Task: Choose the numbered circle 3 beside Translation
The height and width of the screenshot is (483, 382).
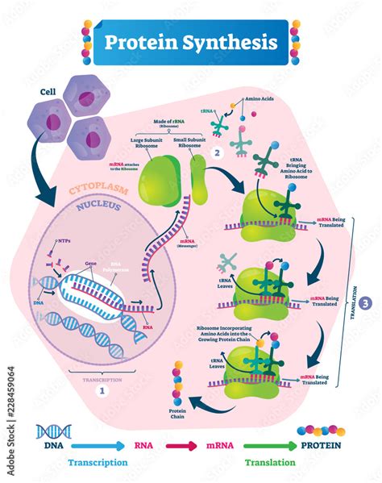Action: tap(366, 303)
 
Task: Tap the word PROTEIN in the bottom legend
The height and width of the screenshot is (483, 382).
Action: tap(319, 444)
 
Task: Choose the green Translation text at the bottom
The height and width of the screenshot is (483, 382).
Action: tap(272, 463)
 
